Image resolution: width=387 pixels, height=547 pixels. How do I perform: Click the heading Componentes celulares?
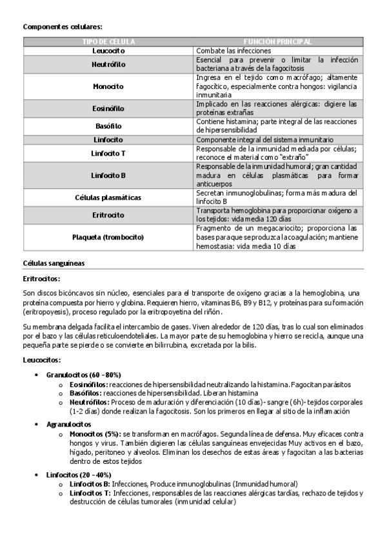[x=63, y=26]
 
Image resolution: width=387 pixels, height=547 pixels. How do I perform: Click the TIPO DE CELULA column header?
[x=108, y=41]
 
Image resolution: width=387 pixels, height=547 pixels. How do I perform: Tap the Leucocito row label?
[x=108, y=50]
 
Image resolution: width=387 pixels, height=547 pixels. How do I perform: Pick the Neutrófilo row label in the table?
[x=108, y=64]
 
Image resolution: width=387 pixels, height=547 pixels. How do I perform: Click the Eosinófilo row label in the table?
[x=108, y=108]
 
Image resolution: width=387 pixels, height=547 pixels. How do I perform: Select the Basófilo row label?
[x=108, y=126]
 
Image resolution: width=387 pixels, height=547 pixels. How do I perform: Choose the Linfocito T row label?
[x=108, y=154]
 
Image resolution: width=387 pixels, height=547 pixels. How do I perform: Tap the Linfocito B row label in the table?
[x=108, y=175]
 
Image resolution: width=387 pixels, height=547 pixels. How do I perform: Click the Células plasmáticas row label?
[x=108, y=197]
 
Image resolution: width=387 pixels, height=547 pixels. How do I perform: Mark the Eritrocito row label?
[x=108, y=215]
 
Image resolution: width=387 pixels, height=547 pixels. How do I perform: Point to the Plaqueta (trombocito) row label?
[x=108, y=237]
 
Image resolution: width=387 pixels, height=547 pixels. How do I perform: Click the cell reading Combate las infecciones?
[x=233, y=50]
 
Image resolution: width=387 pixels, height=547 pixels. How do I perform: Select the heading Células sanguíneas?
[x=54, y=263]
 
